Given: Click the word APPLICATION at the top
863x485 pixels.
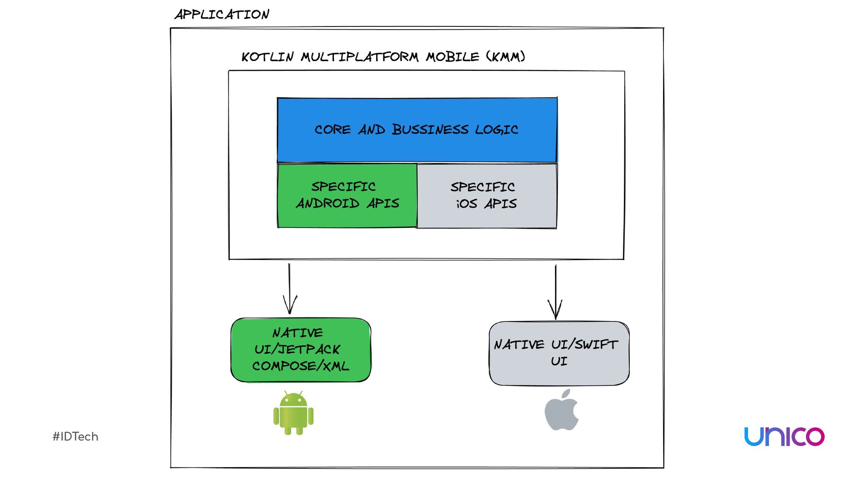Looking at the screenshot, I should [x=222, y=14].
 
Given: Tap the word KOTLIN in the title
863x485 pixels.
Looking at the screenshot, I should [x=267, y=57].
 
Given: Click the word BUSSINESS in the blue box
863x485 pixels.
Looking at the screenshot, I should [x=430, y=130].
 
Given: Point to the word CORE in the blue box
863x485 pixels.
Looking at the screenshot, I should [x=333, y=130].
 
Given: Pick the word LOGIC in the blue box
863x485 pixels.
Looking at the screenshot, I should [x=497, y=130].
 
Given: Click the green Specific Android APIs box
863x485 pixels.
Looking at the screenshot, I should [x=347, y=196].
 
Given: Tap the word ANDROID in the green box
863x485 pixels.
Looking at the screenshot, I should [x=328, y=203].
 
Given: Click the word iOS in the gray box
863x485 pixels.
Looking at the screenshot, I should [x=467, y=204].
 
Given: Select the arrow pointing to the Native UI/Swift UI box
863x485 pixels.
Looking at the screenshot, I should [x=556, y=291].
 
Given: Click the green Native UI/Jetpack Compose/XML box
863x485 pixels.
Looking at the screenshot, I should [x=301, y=350].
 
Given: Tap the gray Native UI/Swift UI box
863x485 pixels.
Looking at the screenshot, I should [x=559, y=353].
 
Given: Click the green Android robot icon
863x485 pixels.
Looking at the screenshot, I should [x=293, y=413].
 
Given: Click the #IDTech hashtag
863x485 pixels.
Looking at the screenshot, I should [x=76, y=436].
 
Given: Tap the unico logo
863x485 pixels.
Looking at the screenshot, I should [x=784, y=436].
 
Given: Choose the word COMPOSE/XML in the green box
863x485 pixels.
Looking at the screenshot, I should [x=301, y=366].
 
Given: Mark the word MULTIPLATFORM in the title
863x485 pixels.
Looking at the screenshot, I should [x=360, y=57].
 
